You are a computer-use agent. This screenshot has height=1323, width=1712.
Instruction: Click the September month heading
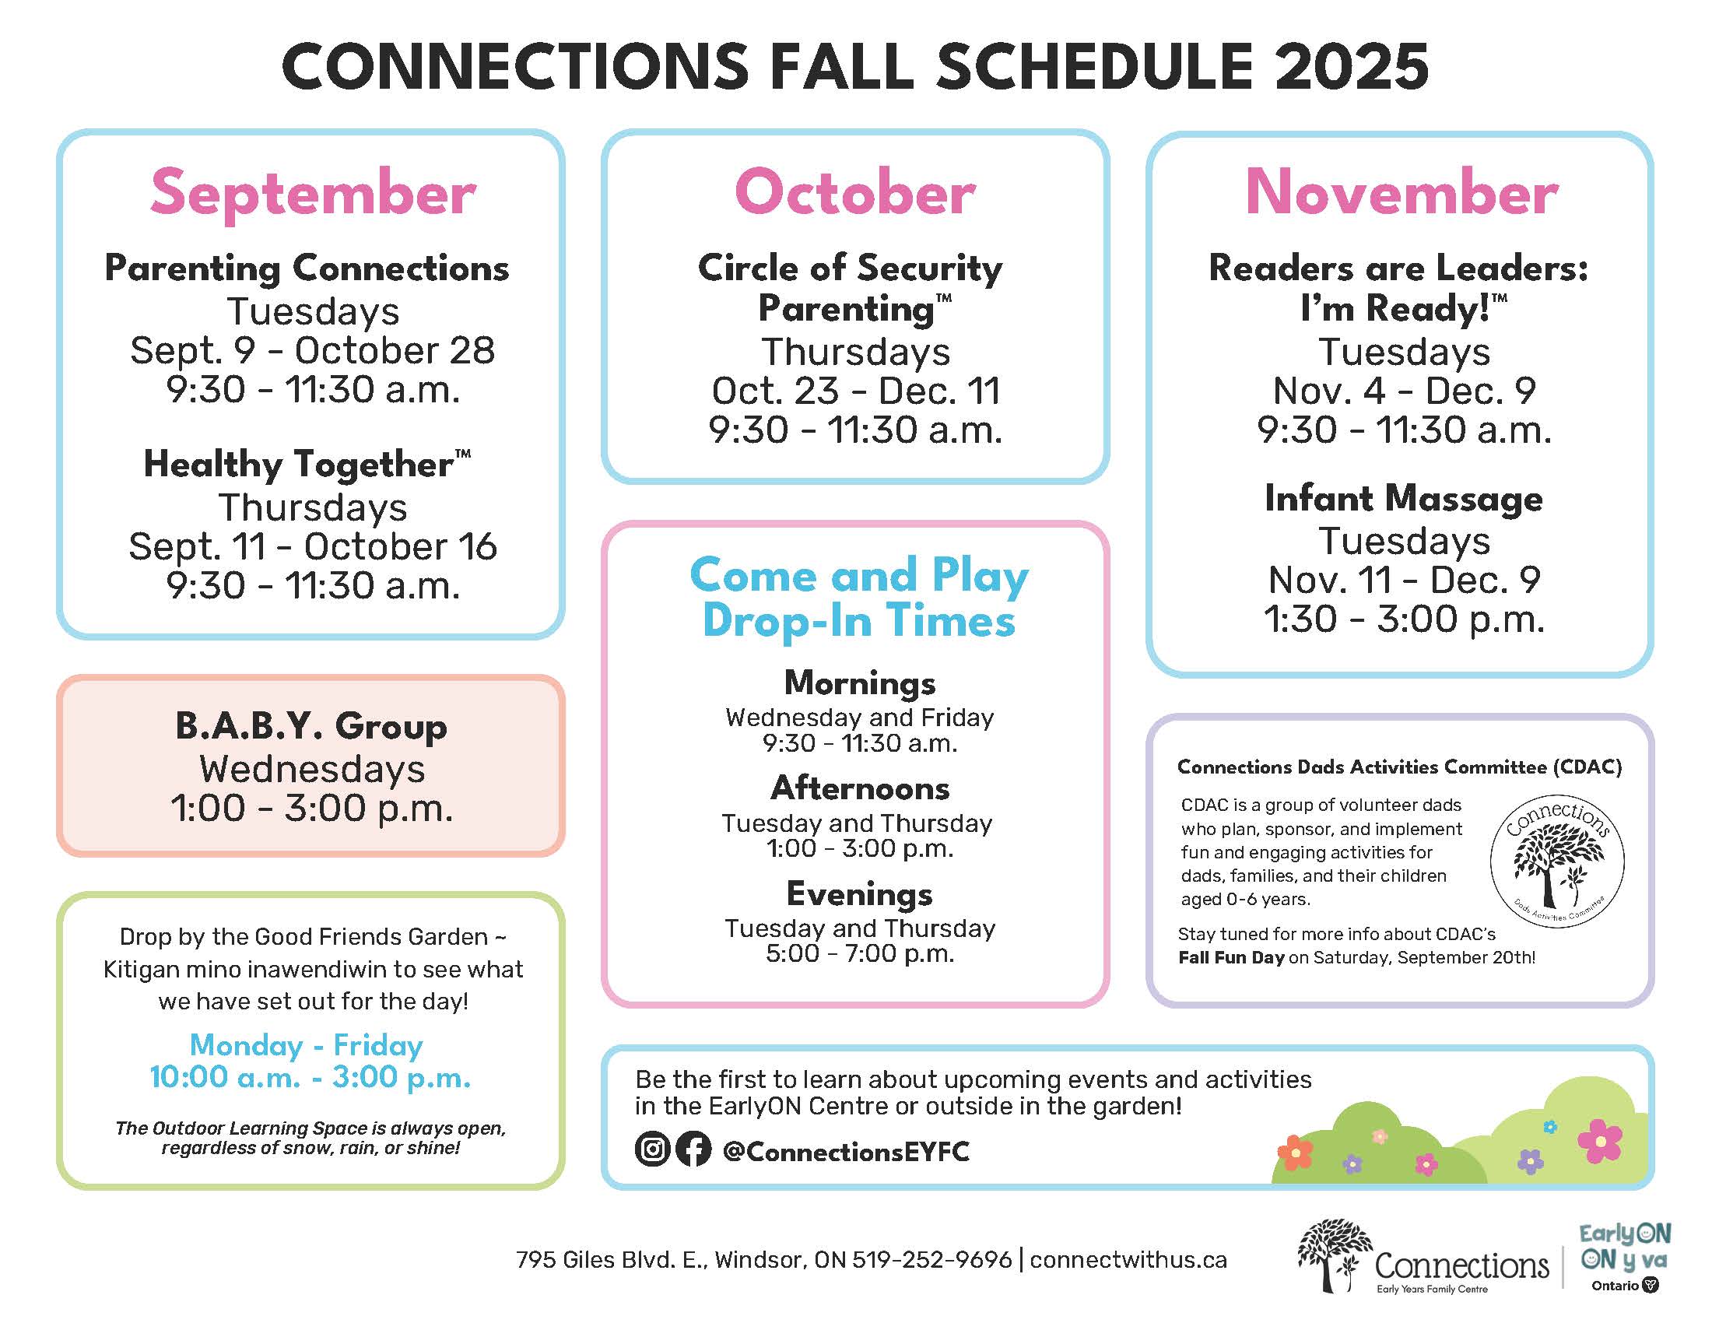pos(313,193)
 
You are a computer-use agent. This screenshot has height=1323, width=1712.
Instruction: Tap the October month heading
pos(855,192)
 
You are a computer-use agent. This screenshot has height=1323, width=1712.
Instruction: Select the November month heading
pos(1402,192)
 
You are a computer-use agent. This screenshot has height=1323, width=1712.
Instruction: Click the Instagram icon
pos(652,1149)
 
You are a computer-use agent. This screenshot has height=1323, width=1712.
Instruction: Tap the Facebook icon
pos(693,1149)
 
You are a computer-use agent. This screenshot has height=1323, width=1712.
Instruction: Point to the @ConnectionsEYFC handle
pos(846,1151)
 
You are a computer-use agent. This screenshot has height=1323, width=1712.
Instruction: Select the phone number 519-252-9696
pos(932,1259)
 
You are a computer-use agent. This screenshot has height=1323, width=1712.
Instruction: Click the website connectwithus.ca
pos(1128,1259)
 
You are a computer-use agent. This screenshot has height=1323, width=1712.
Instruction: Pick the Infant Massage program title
pos(1403,498)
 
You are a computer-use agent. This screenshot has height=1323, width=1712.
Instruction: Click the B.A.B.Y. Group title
pos(311,726)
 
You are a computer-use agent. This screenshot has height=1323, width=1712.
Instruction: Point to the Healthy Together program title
pos(307,464)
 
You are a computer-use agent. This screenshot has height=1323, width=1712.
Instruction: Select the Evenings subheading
pos(859,893)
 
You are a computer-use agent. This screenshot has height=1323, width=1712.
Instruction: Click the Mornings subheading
pos(860,683)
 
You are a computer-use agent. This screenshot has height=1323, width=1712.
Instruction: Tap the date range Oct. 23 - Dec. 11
pos(856,391)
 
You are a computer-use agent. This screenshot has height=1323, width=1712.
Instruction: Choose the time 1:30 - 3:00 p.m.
pos(1404,619)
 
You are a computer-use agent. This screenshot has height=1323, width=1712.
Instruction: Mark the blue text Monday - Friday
pos(307,1045)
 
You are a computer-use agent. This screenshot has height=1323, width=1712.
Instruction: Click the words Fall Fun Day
pos(1231,957)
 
